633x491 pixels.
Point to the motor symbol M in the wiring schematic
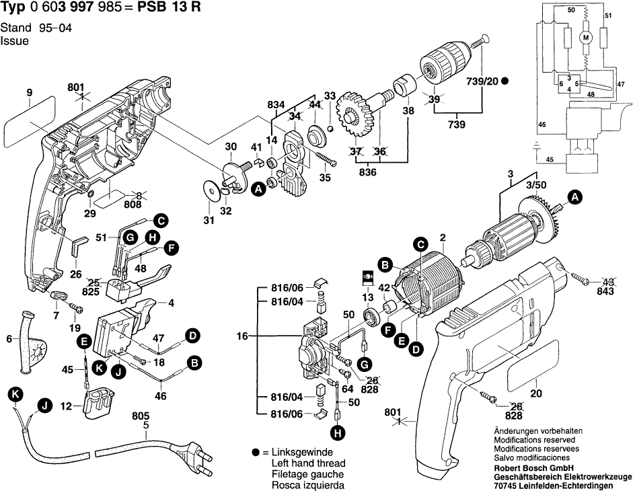(585, 38)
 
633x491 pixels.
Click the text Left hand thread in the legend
(308, 464)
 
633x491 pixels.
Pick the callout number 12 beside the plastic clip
(66, 407)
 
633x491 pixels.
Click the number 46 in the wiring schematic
(542, 124)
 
